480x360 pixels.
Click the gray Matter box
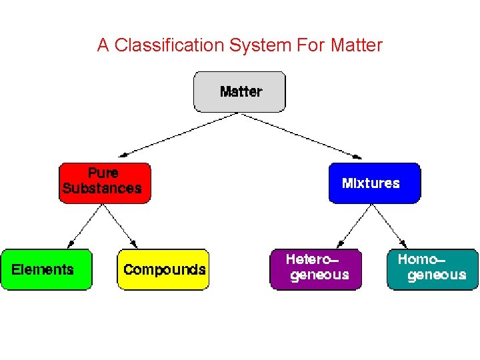(239, 91)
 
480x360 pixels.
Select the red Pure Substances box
(105, 183)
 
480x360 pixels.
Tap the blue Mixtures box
(374, 183)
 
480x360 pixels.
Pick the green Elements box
(46, 269)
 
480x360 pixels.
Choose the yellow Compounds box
(163, 269)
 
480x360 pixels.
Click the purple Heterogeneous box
(315, 269)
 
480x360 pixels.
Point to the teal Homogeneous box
(433, 269)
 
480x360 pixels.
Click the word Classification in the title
(169, 45)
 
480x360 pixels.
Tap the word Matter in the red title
(356, 45)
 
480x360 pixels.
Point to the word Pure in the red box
(103, 173)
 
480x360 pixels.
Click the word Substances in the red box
(102, 189)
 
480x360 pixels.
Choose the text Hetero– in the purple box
(312, 259)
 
